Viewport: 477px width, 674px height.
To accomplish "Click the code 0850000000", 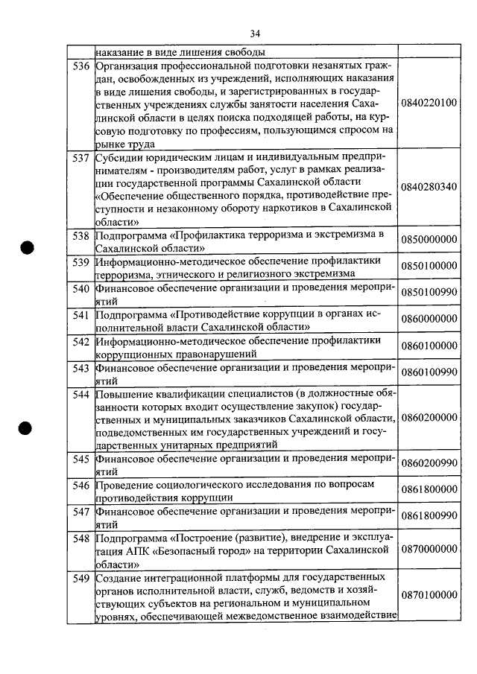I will point(429,240).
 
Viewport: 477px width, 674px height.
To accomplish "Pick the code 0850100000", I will point(429,266).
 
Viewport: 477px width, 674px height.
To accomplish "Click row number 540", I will point(80,287).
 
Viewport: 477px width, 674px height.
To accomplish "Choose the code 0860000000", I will point(429,319).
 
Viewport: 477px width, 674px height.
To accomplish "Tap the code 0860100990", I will point(429,371).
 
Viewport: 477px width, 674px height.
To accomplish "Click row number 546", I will point(80,486).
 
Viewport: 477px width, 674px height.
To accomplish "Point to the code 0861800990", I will point(429,516).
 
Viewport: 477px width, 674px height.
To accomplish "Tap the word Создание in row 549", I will point(119,578).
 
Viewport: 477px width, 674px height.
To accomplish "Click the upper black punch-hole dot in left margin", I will point(28,248).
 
